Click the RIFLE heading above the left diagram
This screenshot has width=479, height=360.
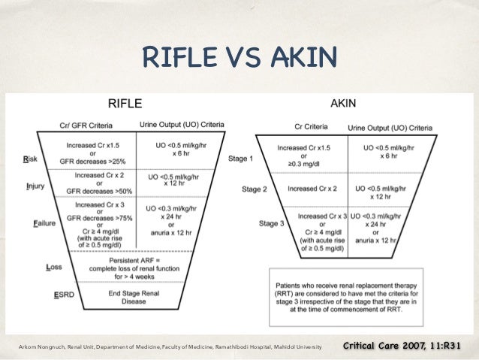point(126,104)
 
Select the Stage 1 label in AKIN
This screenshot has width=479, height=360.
point(242,159)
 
